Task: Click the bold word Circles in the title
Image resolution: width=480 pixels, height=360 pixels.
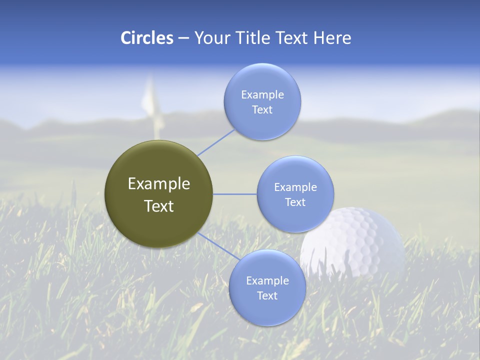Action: point(147,38)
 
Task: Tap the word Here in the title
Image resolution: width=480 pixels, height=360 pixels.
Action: point(332,38)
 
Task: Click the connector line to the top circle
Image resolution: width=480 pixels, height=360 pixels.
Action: point(216,142)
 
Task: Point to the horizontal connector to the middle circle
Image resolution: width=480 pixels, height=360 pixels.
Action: point(234,194)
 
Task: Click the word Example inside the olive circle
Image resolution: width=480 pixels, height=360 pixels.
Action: point(159,184)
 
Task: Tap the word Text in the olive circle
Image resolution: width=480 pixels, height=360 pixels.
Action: point(159,206)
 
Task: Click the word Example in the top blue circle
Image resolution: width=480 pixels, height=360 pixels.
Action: point(262,95)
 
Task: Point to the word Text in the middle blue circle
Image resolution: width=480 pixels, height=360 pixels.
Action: point(295,202)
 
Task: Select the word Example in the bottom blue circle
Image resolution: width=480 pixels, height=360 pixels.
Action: point(267,281)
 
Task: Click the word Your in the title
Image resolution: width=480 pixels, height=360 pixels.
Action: point(212,38)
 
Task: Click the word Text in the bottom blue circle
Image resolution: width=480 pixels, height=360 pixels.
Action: point(267,296)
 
